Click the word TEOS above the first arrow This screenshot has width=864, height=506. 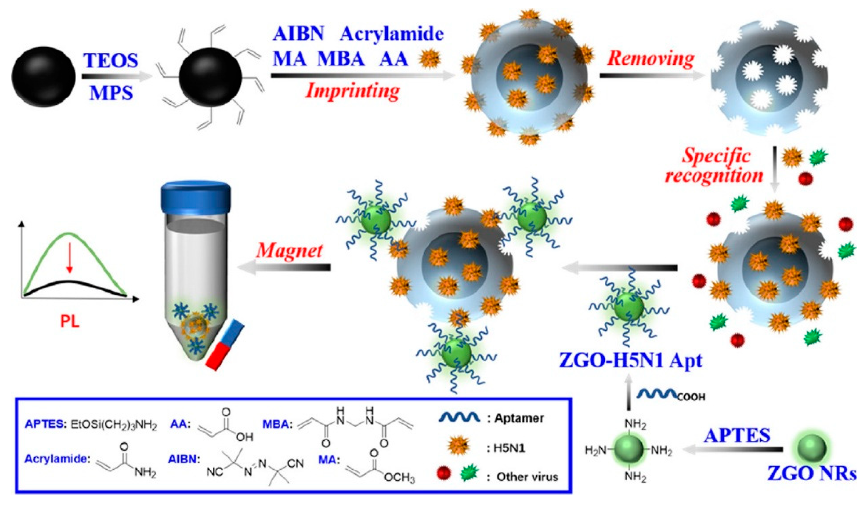coord(111,61)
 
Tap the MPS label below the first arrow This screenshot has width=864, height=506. coord(111,93)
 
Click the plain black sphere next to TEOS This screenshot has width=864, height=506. coord(44,76)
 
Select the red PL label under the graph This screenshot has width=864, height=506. coord(70,321)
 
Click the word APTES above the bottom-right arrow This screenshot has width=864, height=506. coord(737,435)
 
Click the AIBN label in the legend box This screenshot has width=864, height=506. coord(184,460)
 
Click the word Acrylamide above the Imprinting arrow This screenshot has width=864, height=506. coord(392,34)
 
